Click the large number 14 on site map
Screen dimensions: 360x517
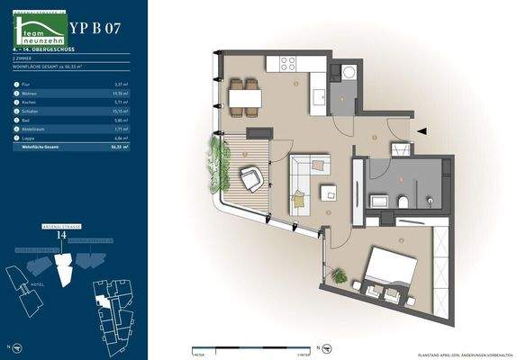[61, 235]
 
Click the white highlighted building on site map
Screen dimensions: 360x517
[63, 266]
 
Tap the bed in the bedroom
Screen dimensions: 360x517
[392, 269]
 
